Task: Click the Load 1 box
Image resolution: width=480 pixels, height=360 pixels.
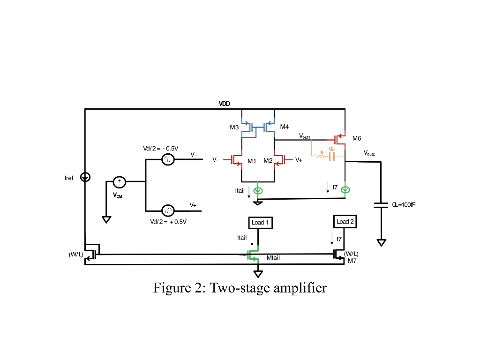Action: pos(260,222)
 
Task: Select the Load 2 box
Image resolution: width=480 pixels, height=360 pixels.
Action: pos(345,221)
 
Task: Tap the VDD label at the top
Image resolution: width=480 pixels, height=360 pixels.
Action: pos(225,104)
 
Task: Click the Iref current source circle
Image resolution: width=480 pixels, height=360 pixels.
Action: pos(85,177)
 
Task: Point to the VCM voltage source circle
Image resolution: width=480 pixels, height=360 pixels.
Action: pos(119,182)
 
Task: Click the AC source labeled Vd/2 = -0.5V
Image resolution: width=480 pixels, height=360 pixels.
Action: pos(168,160)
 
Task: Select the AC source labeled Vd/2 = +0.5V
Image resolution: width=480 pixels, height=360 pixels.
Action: pos(168,210)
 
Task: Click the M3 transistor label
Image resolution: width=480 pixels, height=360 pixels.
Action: pos(234,127)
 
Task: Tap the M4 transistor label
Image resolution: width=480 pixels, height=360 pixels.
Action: pos(285,127)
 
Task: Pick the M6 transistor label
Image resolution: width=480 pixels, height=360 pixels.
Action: pos(357,138)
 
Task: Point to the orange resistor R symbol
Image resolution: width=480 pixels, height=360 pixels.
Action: pos(321,157)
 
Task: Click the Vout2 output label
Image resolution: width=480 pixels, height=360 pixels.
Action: pos(369,153)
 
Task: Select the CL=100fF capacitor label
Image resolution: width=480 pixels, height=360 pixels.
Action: pos(404,205)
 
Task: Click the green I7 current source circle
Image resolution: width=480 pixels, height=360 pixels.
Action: pos(345,190)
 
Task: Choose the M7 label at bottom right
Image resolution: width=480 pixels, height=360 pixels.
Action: pos(352,261)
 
